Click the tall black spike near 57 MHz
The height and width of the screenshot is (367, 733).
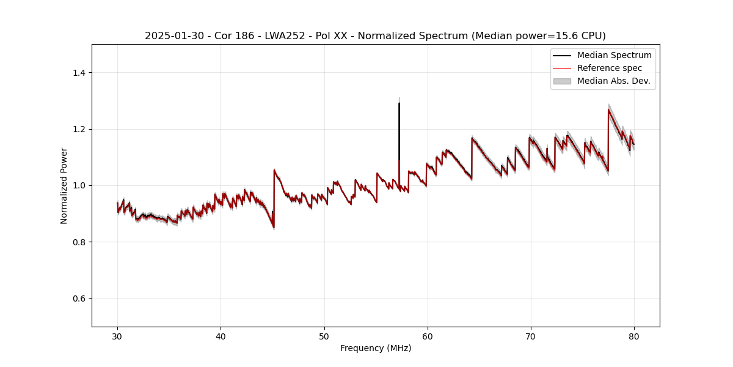(399, 122)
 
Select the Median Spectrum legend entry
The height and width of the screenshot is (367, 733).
(614, 55)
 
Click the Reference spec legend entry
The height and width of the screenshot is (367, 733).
(609, 68)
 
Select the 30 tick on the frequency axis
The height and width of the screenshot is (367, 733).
(117, 336)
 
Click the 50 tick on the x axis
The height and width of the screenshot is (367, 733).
(324, 336)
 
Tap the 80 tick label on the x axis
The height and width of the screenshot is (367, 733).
(634, 336)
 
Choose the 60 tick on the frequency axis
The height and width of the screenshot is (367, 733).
(428, 336)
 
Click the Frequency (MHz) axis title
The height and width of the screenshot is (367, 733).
(376, 348)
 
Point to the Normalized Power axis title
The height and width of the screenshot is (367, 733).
(64, 185)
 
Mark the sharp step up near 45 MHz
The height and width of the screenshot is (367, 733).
(274, 196)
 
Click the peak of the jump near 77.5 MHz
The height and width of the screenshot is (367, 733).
(608, 109)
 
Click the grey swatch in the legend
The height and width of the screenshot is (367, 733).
(561, 81)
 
